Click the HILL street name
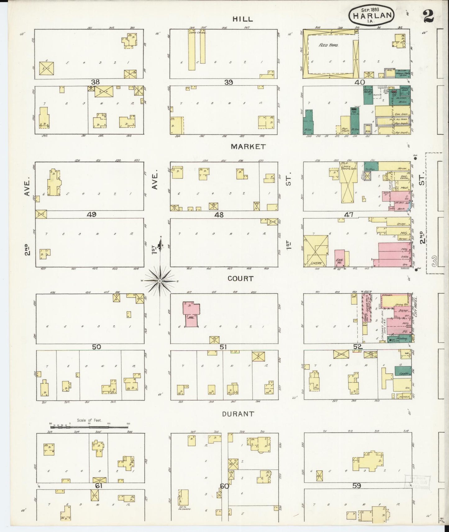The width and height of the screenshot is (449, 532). (x=243, y=19)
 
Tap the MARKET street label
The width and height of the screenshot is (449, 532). (x=248, y=147)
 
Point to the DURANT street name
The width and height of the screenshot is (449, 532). (x=238, y=414)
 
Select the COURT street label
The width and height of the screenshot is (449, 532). (x=240, y=279)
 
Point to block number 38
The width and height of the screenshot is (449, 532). (x=95, y=82)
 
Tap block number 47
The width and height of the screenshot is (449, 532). (x=349, y=214)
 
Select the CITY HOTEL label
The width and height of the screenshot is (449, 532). (x=415, y=308)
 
